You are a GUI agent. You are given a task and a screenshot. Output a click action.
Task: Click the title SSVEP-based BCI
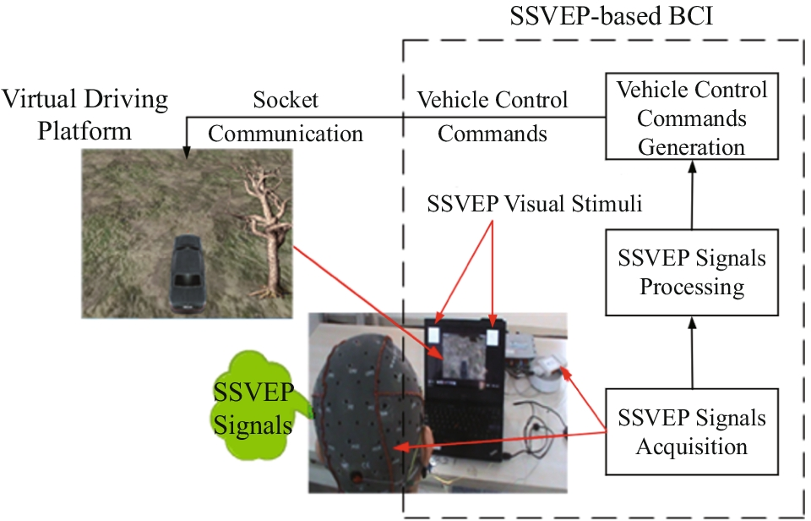pos(612,17)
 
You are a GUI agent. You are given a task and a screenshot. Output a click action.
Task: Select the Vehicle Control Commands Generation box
pos(691,118)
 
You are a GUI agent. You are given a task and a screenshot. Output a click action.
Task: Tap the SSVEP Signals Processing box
pos(691,271)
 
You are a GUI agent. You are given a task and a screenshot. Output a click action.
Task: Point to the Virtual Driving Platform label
pos(84,115)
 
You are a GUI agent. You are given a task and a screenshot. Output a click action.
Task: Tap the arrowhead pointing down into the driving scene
pos(187,152)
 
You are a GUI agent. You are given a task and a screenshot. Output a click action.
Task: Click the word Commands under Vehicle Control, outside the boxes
pos(493,134)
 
